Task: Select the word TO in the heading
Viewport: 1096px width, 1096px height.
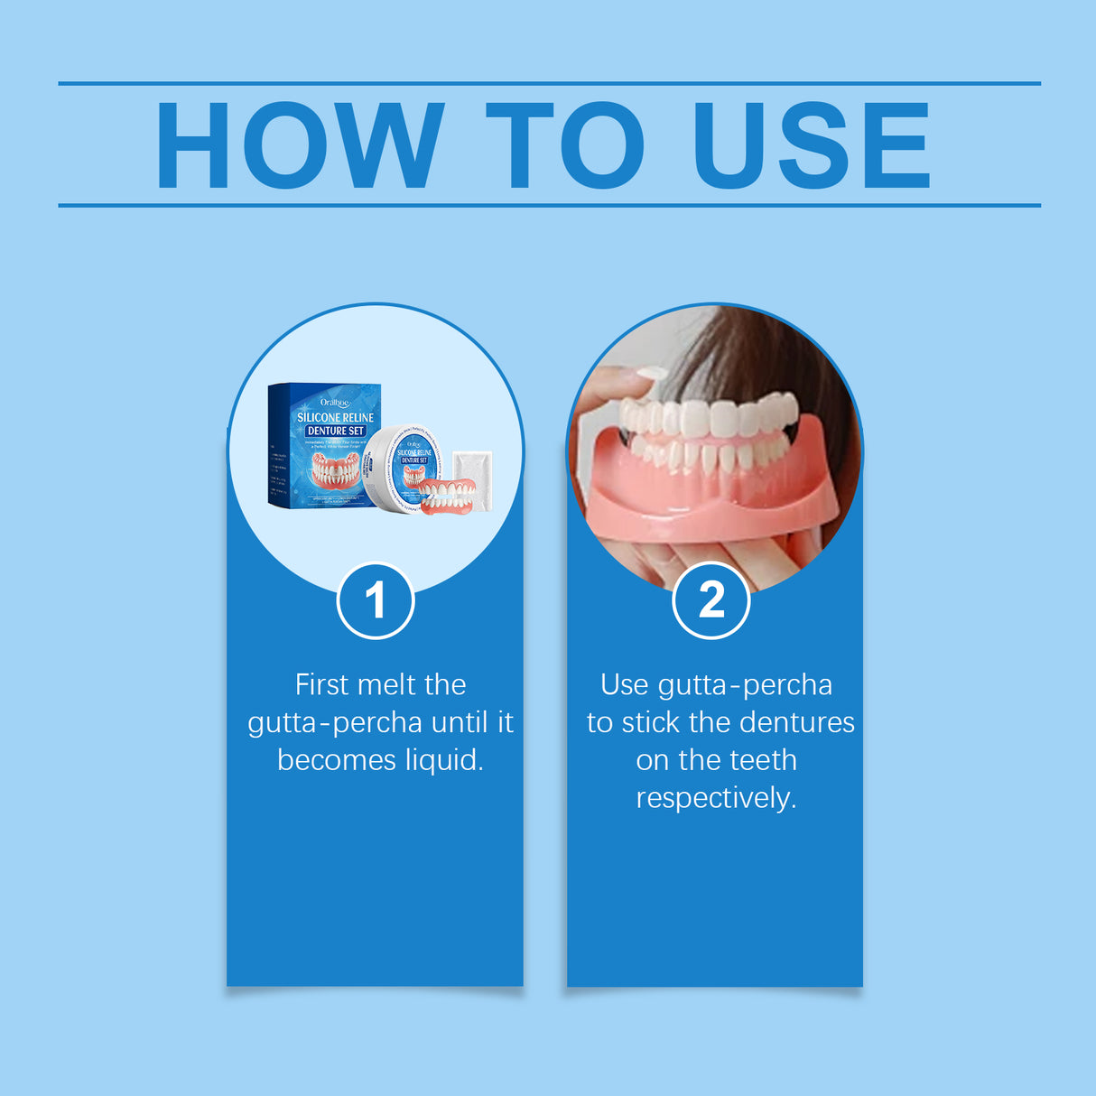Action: [565, 145]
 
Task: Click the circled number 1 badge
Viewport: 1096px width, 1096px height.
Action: [376, 600]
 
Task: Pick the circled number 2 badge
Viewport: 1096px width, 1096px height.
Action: [711, 600]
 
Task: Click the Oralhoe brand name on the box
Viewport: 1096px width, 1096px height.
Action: [335, 403]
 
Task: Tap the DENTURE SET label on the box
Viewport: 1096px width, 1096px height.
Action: [335, 432]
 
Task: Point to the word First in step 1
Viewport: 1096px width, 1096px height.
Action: [321, 685]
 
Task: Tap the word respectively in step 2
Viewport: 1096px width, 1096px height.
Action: [716, 798]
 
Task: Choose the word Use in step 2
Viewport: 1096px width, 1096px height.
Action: [625, 685]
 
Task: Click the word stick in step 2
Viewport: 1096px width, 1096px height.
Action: [650, 723]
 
